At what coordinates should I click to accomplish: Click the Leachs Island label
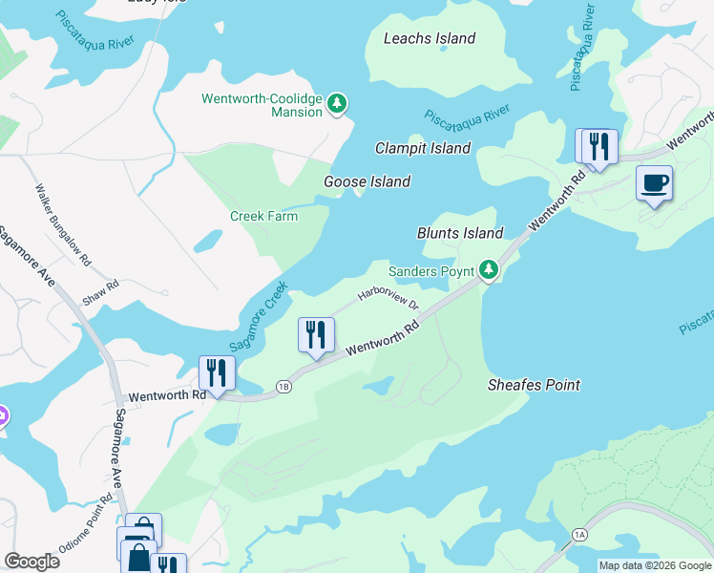click(429, 39)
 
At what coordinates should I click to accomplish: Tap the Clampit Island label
click(422, 148)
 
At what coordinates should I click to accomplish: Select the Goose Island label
click(367, 181)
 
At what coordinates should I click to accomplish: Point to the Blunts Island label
click(460, 233)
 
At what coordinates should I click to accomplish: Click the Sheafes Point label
click(534, 385)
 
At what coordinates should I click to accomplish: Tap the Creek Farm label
click(263, 216)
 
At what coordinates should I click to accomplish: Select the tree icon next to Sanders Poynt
click(489, 271)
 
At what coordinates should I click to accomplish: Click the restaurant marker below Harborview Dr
click(316, 335)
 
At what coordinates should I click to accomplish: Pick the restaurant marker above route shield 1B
click(217, 373)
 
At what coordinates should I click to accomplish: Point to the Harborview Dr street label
click(388, 298)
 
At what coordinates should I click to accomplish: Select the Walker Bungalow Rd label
click(63, 224)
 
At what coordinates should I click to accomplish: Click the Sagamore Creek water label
click(258, 316)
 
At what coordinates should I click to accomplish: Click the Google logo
click(31, 562)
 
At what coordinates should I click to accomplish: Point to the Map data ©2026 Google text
click(654, 565)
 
